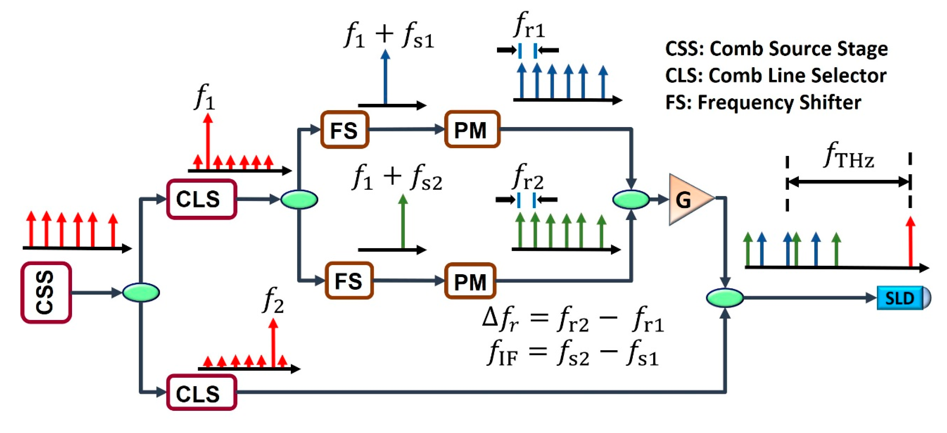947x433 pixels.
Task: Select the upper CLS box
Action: (x=202, y=199)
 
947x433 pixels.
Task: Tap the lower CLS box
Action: (x=202, y=392)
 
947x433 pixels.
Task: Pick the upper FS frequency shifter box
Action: (x=345, y=130)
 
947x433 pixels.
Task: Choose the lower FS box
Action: (x=349, y=281)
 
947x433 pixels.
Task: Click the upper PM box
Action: (x=472, y=130)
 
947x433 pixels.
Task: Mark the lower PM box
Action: (x=470, y=281)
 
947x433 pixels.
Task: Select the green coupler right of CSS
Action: (x=141, y=293)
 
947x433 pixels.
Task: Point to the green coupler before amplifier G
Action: (x=631, y=199)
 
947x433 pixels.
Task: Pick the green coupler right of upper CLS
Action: (x=299, y=199)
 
